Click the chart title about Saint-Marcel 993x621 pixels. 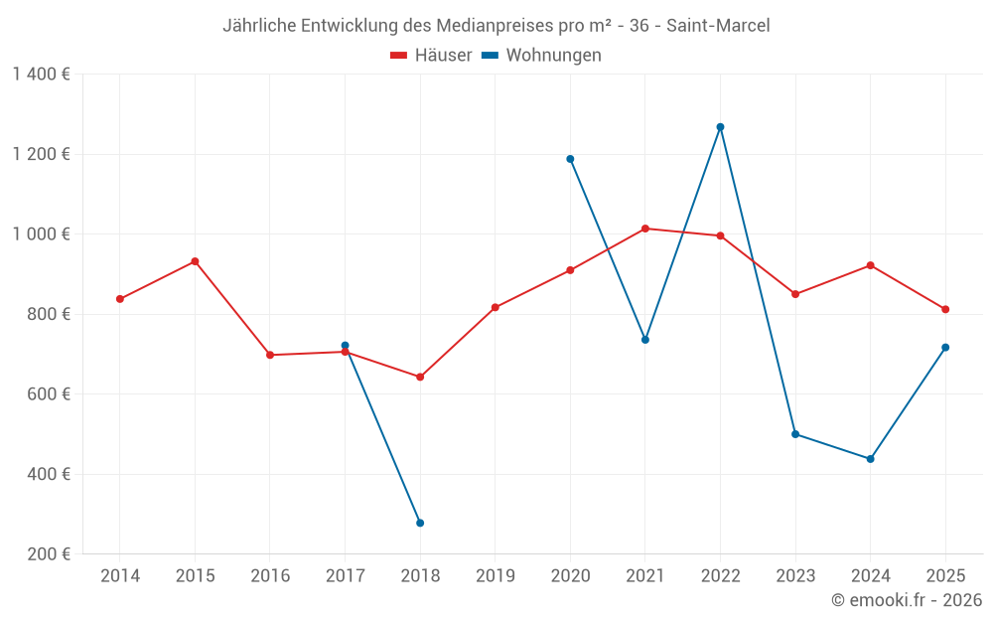pyautogui.click(x=496, y=25)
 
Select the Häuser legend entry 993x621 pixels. pyautogui.click(x=431, y=56)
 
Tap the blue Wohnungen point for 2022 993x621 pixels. pyautogui.click(x=720, y=127)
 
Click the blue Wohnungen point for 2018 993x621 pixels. pyautogui.click(x=420, y=523)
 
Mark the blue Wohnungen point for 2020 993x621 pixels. pyautogui.click(x=570, y=159)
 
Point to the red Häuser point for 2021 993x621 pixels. pyautogui.click(x=645, y=229)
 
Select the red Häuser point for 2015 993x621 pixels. pyautogui.click(x=195, y=261)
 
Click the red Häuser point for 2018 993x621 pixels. pyautogui.click(x=420, y=377)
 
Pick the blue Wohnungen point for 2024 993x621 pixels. pyautogui.click(x=870, y=459)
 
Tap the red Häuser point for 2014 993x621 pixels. pyautogui.click(x=120, y=299)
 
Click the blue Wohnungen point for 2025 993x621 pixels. pyautogui.click(x=945, y=347)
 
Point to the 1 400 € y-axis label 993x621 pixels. pyautogui.click(x=41, y=75)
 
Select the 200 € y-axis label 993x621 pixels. pyautogui.click(x=47, y=553)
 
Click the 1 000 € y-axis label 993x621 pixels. pyautogui.click(x=41, y=234)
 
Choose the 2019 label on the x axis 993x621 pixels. pyautogui.click(x=495, y=576)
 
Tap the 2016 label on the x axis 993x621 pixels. pyautogui.click(x=270, y=576)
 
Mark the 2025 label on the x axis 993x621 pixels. pyautogui.click(x=945, y=576)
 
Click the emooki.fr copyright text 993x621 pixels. pyautogui.click(x=906, y=600)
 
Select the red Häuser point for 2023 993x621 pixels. pyautogui.click(x=795, y=294)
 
